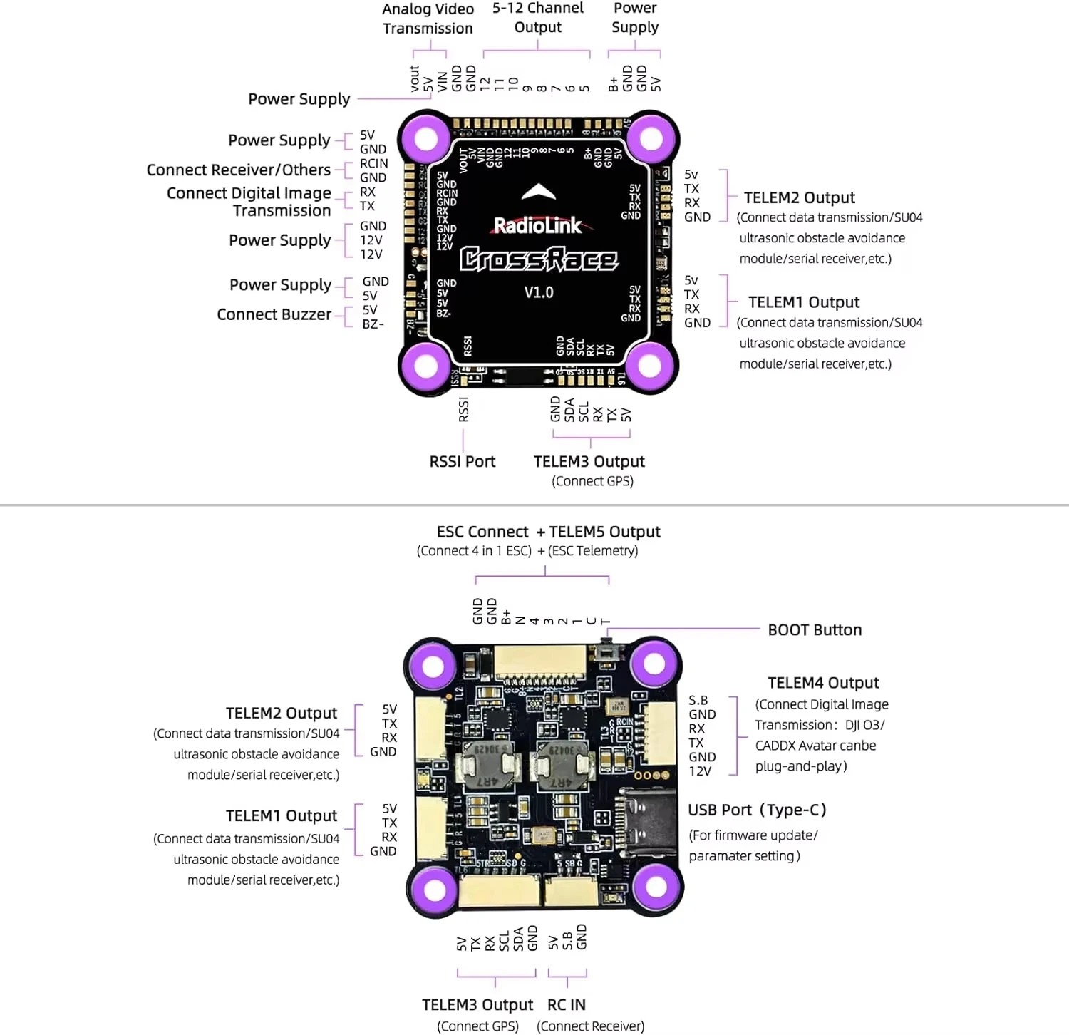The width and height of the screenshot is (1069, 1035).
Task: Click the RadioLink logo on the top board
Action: (x=538, y=225)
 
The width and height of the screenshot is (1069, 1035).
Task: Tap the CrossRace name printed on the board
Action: (x=539, y=259)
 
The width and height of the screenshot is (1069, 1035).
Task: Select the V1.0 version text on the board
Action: (x=539, y=292)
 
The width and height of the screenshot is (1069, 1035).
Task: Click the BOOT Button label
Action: (x=815, y=630)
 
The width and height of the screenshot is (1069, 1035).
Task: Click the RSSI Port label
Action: (x=462, y=462)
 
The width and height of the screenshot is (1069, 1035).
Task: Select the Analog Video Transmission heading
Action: (x=428, y=19)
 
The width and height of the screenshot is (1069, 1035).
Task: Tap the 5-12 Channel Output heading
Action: (x=537, y=17)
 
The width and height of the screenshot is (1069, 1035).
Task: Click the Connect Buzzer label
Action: (x=274, y=314)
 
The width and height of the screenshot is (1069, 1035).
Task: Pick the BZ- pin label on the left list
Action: (x=373, y=324)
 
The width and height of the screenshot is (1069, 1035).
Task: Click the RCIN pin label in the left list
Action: (x=373, y=163)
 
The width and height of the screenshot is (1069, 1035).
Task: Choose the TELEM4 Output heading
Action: (x=823, y=683)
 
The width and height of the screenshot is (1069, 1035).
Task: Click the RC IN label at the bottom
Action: (x=567, y=1005)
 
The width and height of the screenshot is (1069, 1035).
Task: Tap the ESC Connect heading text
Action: (x=482, y=532)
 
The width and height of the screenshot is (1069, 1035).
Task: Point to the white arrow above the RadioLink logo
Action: (x=539, y=191)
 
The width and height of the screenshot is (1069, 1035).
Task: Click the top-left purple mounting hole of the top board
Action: (x=425, y=138)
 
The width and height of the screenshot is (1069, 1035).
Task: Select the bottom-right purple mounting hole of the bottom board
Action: (x=656, y=887)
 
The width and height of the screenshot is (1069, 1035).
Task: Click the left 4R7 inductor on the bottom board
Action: (x=488, y=766)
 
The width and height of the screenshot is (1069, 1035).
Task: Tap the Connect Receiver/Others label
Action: (x=239, y=170)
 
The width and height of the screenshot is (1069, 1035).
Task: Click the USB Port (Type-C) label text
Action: (x=757, y=810)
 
